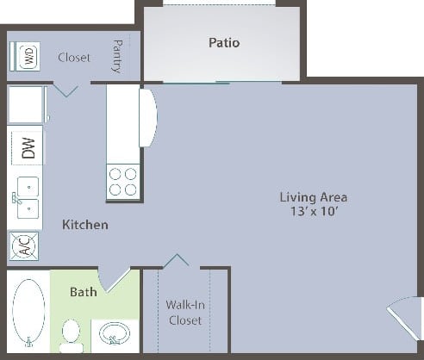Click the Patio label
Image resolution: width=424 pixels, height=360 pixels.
[x=223, y=42]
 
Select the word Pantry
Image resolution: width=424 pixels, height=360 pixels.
[x=117, y=56]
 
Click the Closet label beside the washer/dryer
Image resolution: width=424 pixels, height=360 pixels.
[x=74, y=58]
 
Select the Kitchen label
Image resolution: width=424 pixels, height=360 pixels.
[x=85, y=225]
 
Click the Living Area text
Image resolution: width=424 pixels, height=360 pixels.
[x=313, y=196]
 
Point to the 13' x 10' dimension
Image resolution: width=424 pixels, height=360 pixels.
[x=313, y=212]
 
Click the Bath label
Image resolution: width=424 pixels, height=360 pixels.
[x=83, y=292]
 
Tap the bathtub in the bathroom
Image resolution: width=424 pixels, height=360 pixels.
[x=28, y=313]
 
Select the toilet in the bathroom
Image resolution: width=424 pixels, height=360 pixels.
[x=72, y=334]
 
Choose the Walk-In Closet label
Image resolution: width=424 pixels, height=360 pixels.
[x=184, y=312]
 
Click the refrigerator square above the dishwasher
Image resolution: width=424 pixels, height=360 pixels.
[x=26, y=104]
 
